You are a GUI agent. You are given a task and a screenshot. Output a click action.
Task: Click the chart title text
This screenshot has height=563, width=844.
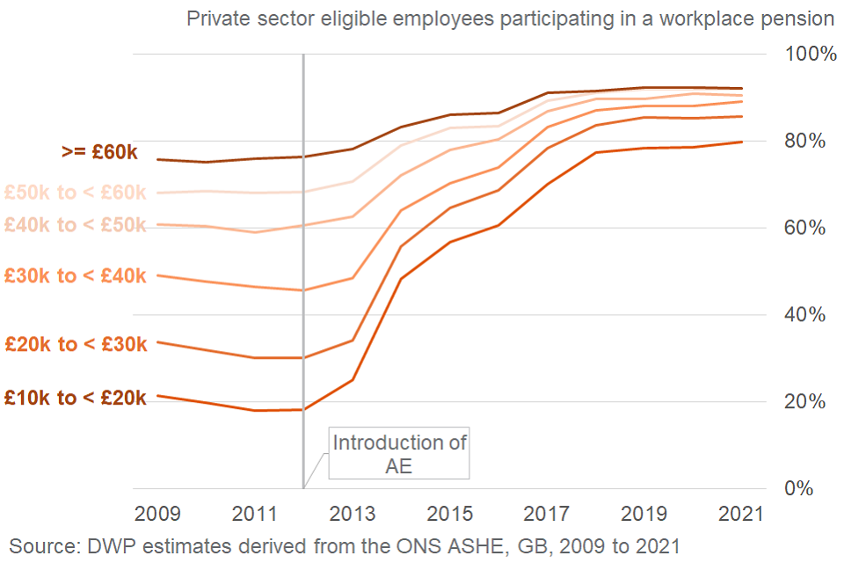510,18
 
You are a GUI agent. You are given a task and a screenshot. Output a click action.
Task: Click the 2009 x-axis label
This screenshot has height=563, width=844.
157,513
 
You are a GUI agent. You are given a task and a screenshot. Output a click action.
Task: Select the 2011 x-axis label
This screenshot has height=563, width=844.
255,513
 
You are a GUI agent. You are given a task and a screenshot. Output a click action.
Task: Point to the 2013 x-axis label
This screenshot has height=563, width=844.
353,513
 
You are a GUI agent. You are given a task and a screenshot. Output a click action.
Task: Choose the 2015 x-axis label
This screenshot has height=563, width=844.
449,513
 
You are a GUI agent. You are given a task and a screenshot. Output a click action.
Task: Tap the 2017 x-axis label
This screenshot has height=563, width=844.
547,513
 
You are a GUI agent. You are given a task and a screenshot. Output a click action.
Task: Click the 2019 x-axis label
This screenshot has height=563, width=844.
644,513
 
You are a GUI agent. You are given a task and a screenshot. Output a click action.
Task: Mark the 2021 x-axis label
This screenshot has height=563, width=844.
742,513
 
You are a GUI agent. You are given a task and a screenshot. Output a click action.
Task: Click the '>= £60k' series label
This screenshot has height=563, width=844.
99,153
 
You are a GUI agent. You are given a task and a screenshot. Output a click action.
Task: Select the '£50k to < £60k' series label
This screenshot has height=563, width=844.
76,192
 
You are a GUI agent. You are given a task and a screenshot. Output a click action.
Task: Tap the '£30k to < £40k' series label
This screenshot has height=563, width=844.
76,276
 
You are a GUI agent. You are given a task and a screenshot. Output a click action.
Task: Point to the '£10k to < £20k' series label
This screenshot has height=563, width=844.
76,398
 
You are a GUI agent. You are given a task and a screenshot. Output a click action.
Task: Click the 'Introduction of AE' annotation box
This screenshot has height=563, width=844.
399,454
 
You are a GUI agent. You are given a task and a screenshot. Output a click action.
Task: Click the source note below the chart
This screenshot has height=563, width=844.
345,545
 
